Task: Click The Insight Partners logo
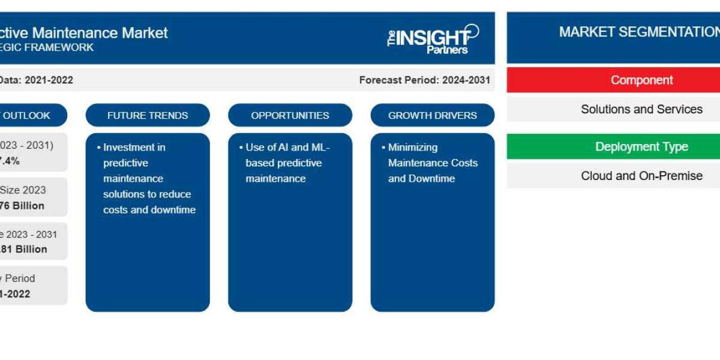[433, 38]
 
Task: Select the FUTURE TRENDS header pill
[148, 115]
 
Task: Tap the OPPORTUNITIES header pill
[290, 115]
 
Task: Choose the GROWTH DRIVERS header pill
[433, 115]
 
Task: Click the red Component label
[641, 80]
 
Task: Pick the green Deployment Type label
[641, 146]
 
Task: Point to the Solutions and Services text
[641, 109]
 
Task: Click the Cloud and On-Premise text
[641, 176]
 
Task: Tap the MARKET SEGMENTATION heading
[639, 32]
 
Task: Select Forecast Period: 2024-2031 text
[425, 80]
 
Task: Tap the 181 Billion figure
[24, 249]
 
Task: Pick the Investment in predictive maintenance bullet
[148, 178]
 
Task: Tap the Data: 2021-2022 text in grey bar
[36, 80]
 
